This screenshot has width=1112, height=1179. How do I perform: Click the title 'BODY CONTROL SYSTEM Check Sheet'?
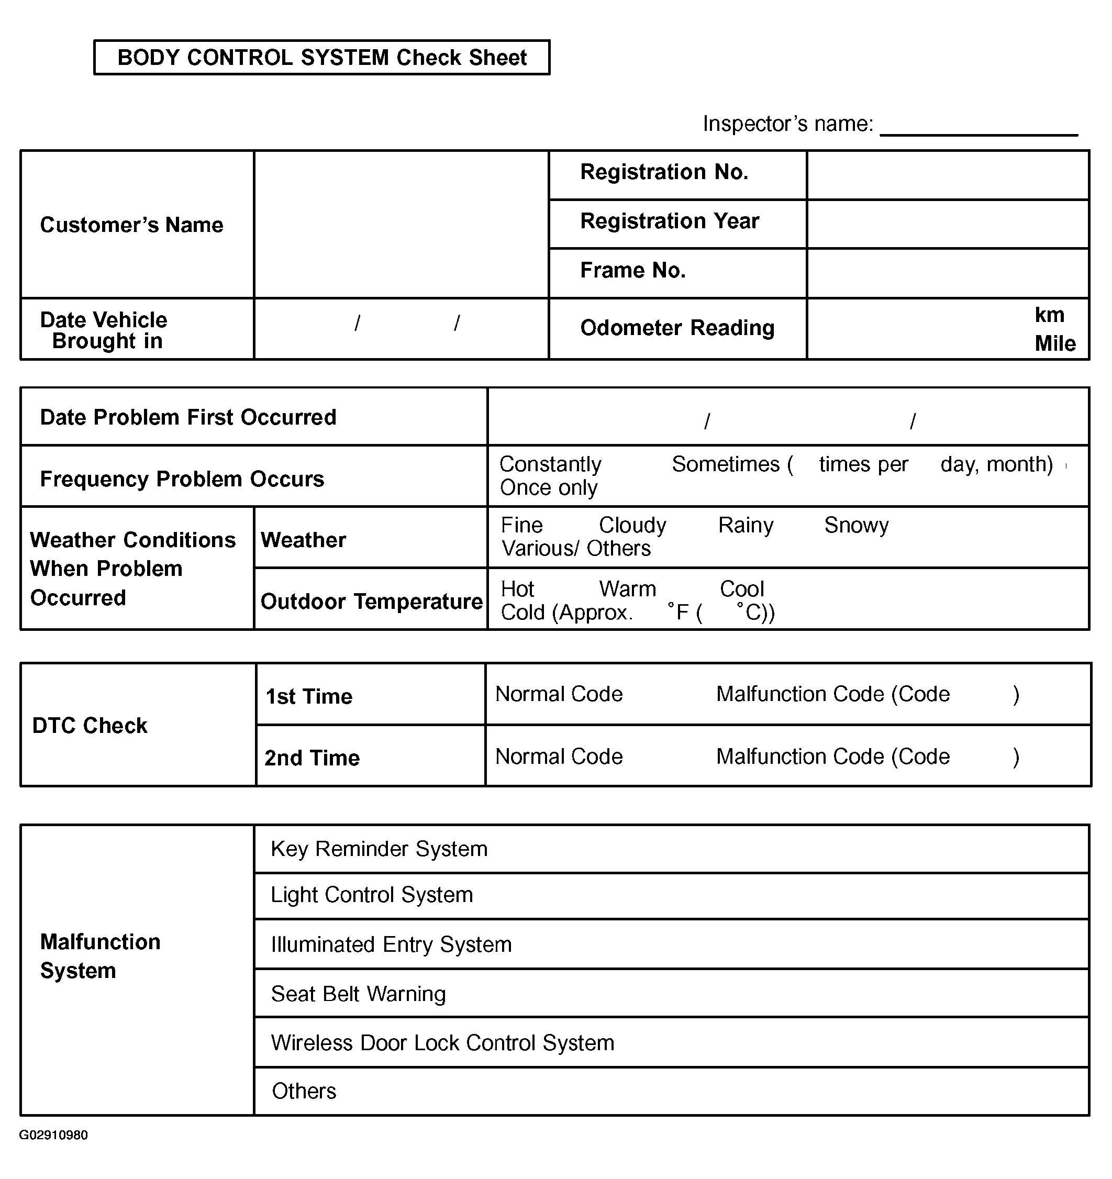322,58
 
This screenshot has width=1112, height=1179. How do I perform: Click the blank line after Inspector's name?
978,128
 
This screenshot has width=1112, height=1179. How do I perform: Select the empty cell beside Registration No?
948,175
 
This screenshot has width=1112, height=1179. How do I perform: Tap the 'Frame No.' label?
633,271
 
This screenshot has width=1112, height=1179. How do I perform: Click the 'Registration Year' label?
670,221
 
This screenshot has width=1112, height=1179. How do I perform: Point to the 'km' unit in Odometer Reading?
1049,315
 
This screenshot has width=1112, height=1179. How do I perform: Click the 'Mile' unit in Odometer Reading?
1055,344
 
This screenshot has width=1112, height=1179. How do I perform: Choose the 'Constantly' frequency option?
550,464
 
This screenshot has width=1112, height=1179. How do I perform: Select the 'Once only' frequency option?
549,488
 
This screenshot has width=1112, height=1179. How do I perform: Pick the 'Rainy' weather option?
746,526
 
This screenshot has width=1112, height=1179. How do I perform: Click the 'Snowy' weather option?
857,526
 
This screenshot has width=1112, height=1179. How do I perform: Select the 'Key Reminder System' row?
379,849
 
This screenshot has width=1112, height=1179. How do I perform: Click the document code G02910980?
53,1135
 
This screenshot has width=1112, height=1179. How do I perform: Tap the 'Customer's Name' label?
131,225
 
